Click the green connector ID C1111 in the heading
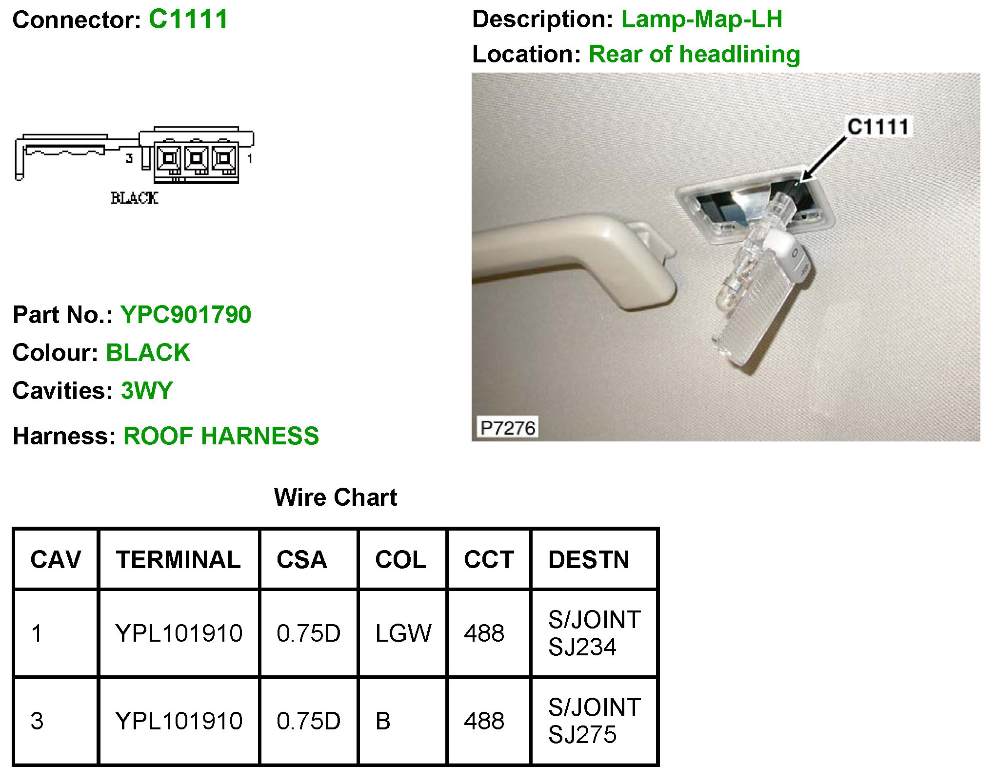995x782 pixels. click(188, 19)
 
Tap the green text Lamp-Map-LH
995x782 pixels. click(701, 19)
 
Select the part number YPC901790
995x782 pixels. click(186, 315)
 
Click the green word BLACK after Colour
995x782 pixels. click(148, 353)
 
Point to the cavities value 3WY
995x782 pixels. click(147, 391)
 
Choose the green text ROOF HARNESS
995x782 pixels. click(221, 436)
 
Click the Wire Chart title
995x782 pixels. click(336, 497)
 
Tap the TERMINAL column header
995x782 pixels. click(178, 559)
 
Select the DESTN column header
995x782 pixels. click(589, 559)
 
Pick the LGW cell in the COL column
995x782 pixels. click(403, 633)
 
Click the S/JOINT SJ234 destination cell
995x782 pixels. click(594, 633)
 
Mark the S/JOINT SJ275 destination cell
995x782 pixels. click(594, 721)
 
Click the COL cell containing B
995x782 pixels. click(383, 721)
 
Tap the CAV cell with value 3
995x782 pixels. click(37, 721)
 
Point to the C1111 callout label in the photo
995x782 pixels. click(878, 127)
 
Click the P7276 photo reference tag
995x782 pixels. click(508, 428)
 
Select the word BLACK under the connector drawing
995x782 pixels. click(135, 198)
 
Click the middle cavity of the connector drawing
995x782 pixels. click(197, 158)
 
